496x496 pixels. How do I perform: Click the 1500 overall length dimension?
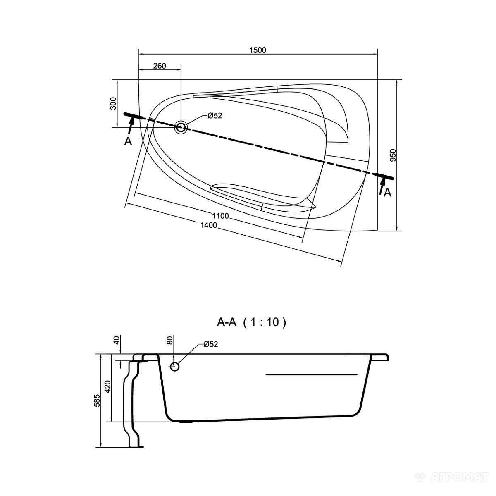pyautogui.click(x=258, y=50)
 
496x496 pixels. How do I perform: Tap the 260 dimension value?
pyautogui.click(x=160, y=66)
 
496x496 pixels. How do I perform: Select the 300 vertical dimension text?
pyautogui.click(x=114, y=103)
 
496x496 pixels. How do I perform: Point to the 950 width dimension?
pyautogui.click(x=393, y=155)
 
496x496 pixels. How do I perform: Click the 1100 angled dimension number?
pyautogui.click(x=221, y=216)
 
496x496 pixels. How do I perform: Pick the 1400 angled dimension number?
pyautogui.click(x=209, y=225)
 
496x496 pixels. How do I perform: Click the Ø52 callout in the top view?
pyautogui.click(x=215, y=116)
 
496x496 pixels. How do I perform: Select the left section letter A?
pyautogui.click(x=128, y=141)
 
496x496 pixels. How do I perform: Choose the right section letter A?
pyautogui.click(x=387, y=192)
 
